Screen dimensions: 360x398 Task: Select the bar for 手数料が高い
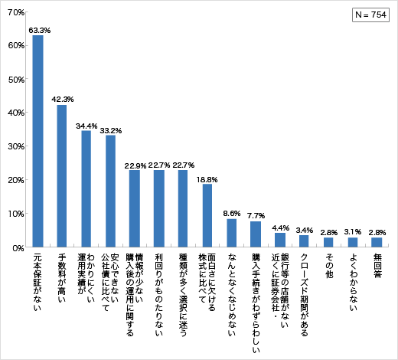pyautogui.click(x=62, y=176)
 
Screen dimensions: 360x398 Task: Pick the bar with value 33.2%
pyautogui.click(x=110, y=191)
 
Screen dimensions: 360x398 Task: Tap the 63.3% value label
pyautogui.click(x=39, y=30)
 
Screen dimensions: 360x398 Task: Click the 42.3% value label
pyautogui.click(x=63, y=100)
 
